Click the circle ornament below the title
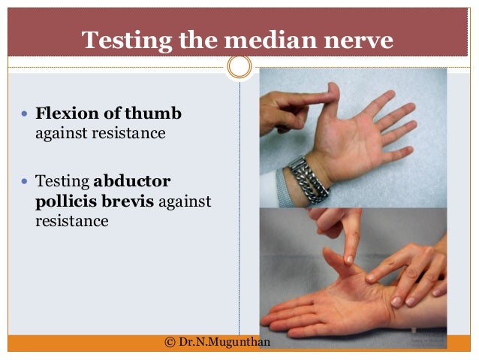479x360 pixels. [x=239, y=67]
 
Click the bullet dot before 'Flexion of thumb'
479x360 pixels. [x=25, y=116]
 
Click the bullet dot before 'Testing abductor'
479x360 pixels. [x=25, y=183]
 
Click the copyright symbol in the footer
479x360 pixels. [x=170, y=342]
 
